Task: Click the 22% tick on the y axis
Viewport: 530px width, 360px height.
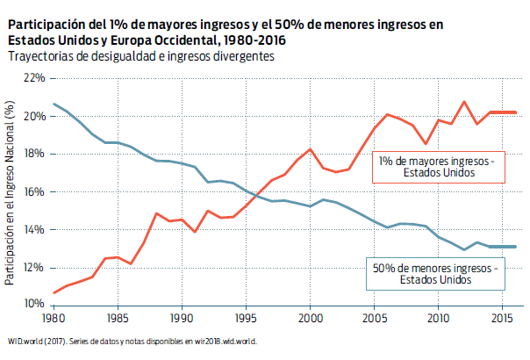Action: (x=34, y=78)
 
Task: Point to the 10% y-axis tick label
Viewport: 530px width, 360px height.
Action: (x=34, y=305)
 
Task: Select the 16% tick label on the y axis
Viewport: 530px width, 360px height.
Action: (x=34, y=191)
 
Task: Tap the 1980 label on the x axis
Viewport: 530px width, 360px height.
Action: (x=54, y=318)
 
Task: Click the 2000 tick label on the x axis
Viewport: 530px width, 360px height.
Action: (x=310, y=318)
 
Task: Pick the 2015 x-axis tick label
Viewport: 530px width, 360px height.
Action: (x=502, y=318)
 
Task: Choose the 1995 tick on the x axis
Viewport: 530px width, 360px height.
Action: (x=246, y=318)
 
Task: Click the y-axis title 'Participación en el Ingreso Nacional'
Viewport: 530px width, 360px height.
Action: (x=10, y=193)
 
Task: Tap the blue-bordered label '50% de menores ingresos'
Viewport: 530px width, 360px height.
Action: (x=435, y=273)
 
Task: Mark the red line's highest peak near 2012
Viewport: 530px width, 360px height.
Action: (x=463, y=102)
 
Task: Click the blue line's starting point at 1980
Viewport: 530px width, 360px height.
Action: (x=54, y=104)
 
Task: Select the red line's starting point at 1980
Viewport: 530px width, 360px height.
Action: (x=54, y=292)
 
